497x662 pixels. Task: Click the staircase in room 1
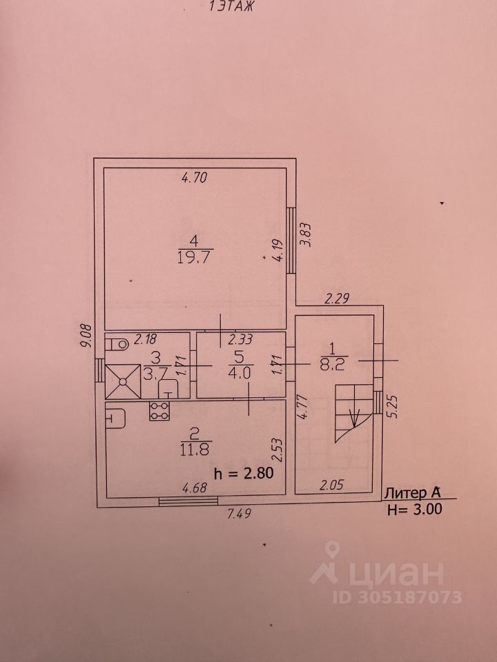tap(353, 411)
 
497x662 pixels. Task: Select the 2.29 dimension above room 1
tap(338, 299)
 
